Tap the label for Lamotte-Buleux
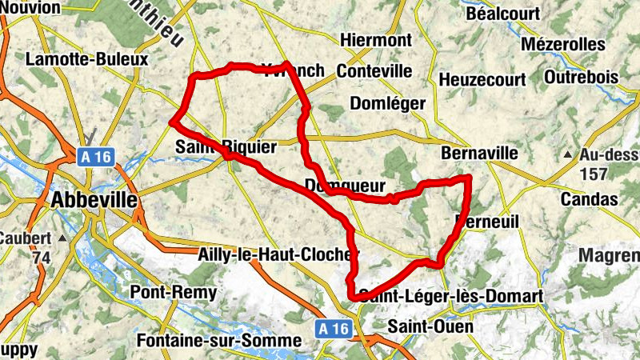click(x=87, y=60)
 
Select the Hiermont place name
click(x=375, y=40)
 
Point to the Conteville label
click(x=374, y=71)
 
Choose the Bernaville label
click(x=480, y=153)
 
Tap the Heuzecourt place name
click(x=482, y=80)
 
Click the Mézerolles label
click(x=562, y=43)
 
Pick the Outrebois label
click(x=581, y=77)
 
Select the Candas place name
click(x=590, y=198)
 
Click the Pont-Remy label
click(x=173, y=293)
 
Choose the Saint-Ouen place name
click(x=430, y=326)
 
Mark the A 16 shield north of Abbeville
click(x=94, y=157)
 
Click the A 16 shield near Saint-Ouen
click(x=333, y=328)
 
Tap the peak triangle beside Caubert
click(x=61, y=238)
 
